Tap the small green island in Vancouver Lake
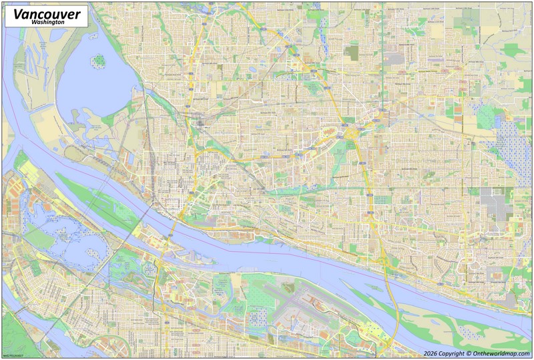pyautogui.click(x=99, y=61)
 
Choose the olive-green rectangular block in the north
pyautogui.click(x=352, y=52)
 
